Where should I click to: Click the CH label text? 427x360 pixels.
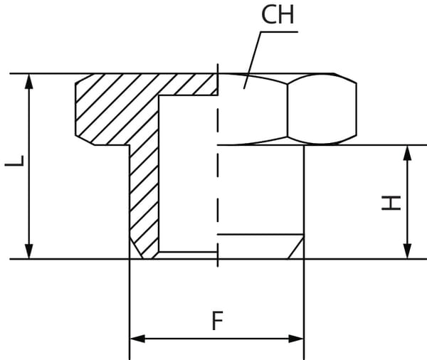tap(278, 16)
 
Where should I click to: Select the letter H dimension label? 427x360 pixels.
tap(391, 203)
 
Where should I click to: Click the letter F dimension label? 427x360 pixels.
tap(217, 321)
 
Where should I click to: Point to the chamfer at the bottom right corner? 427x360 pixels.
tap(297, 248)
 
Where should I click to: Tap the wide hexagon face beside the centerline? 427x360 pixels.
tap(253, 110)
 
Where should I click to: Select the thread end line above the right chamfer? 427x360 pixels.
tap(260, 235)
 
